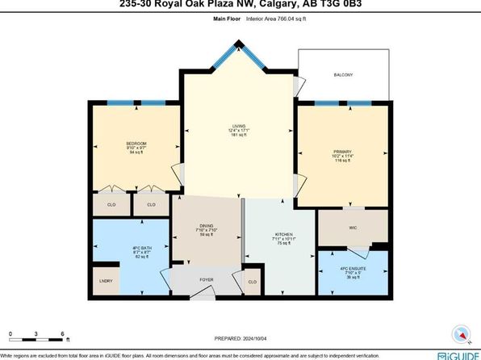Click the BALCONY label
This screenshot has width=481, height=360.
pos(344,75)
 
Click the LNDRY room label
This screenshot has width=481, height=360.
pos(106,281)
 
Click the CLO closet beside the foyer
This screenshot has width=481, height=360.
pos(252,282)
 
